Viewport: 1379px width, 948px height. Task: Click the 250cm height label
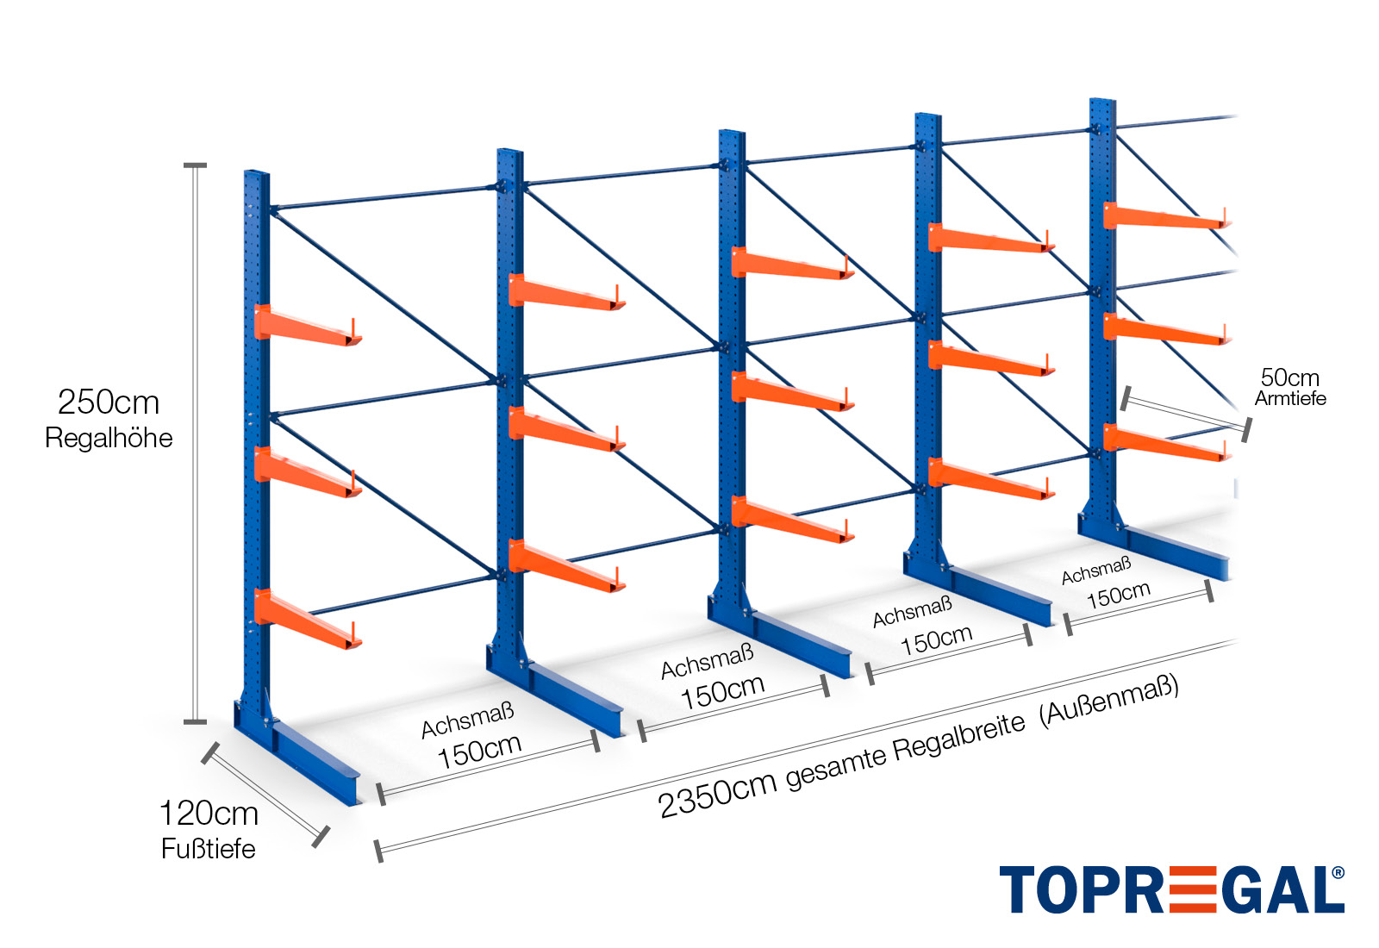(109, 402)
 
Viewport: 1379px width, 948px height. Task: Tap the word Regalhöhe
(109, 438)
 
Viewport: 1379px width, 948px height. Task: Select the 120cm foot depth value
(209, 813)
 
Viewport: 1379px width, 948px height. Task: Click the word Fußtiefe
(209, 849)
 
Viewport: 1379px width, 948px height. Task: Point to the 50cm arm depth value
(1289, 377)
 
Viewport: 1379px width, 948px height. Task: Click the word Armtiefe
(1290, 398)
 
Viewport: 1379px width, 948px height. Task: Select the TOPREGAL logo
(1171, 889)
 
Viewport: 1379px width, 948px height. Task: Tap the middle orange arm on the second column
(565, 428)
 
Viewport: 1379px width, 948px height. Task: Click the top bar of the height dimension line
(196, 165)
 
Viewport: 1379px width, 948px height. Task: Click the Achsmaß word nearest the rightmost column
(1095, 571)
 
